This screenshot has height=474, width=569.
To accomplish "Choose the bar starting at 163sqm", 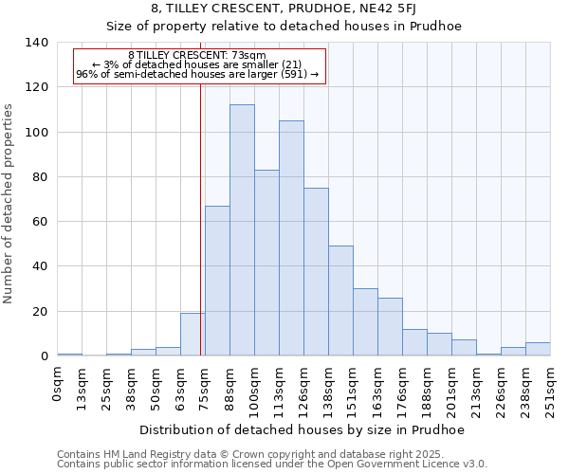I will pyautogui.click(x=390, y=327).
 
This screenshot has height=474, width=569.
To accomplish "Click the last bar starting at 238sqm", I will pyautogui.click(x=538, y=349).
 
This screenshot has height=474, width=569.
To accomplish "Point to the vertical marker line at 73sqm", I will pyautogui.click(x=201, y=218).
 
